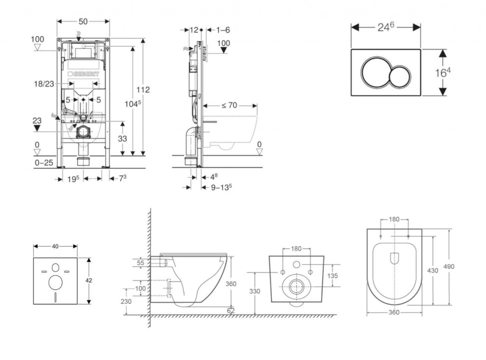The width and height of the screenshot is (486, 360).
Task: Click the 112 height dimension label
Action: [x=143, y=89]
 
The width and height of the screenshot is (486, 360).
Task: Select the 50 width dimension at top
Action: [x=83, y=22]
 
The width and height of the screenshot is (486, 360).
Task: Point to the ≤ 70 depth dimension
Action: [x=229, y=105]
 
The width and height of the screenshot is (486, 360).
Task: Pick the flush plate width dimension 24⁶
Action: [x=386, y=28]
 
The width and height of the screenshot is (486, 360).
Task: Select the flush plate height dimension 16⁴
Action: [x=442, y=73]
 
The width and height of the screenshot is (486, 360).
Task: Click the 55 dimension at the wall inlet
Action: [x=140, y=263]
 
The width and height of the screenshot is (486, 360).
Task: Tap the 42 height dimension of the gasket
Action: [x=89, y=280]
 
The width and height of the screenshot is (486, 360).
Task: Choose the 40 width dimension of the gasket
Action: [x=55, y=246]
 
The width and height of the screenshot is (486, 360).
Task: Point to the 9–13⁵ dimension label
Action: [x=221, y=187]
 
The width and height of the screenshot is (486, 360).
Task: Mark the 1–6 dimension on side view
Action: [x=223, y=30]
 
